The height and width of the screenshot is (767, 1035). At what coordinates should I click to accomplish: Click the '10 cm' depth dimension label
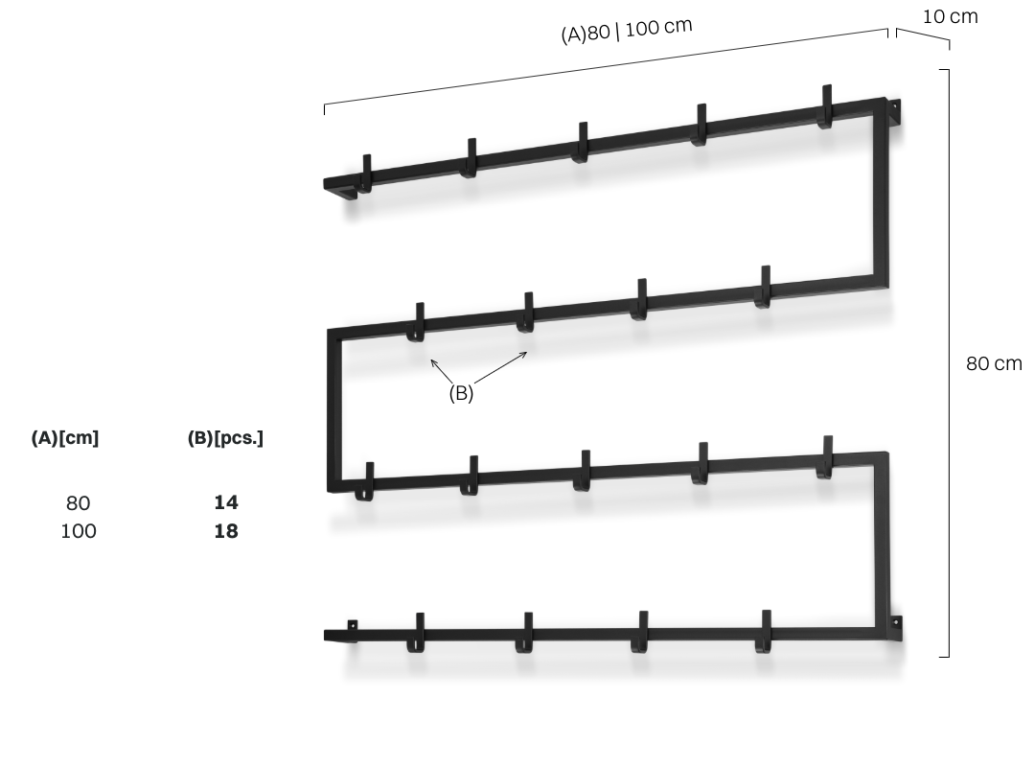[x=950, y=16]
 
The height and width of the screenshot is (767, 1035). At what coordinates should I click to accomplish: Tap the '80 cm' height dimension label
[x=994, y=363]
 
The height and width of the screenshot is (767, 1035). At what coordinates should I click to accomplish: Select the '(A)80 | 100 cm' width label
[x=627, y=30]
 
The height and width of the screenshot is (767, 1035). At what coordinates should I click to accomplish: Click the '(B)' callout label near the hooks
[x=461, y=393]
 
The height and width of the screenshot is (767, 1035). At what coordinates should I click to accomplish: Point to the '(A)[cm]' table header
[x=65, y=438]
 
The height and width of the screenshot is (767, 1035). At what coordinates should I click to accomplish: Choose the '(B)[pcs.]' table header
[x=225, y=438]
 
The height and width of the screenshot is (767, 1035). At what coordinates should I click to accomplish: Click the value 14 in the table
[x=226, y=502]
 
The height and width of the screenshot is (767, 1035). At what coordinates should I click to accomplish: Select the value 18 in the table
[x=226, y=531]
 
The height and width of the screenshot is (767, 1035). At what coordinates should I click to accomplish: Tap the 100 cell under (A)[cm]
[x=79, y=531]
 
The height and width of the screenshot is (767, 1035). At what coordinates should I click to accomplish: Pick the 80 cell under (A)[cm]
[x=78, y=503]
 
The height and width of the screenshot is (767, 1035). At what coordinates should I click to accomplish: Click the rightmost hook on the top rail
[x=825, y=106]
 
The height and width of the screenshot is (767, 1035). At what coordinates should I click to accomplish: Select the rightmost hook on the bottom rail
[x=765, y=632]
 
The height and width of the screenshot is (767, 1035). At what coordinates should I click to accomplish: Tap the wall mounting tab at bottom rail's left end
[x=353, y=625]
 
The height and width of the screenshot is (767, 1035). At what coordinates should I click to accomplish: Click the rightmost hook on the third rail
[x=825, y=457]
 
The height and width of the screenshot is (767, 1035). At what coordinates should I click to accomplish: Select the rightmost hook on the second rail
[x=764, y=287]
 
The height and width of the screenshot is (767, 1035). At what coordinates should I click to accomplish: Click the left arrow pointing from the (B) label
[x=442, y=371]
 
